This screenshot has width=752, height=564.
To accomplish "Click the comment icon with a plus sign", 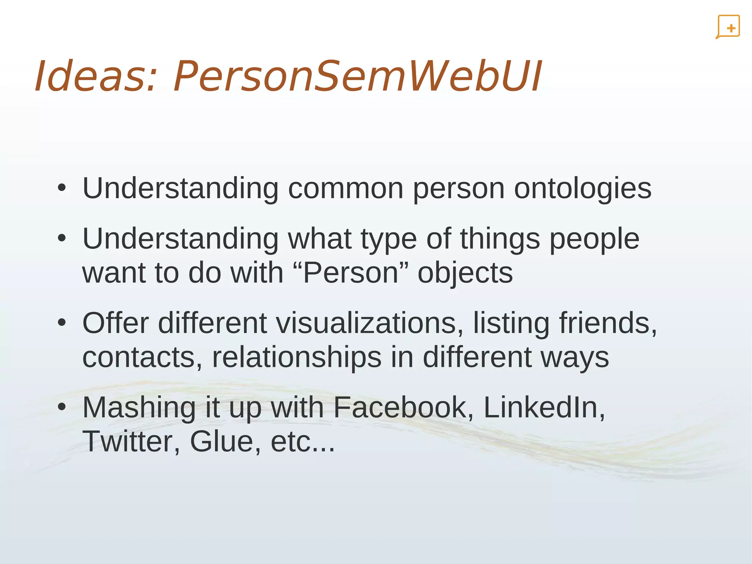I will [728, 27].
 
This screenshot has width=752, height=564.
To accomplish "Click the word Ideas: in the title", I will [95, 76].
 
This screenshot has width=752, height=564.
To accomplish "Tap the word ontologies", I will [582, 188].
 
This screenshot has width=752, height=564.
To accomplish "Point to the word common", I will [346, 188].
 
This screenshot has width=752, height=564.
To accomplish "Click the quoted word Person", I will [351, 273].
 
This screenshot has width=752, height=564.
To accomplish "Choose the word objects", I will [465, 274].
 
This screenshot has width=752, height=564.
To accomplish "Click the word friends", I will [608, 323].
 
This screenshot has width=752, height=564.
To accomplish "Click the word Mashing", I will [139, 408].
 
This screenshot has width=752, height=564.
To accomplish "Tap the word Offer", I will [116, 323].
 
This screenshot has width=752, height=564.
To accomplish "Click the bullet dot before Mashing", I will [62, 407].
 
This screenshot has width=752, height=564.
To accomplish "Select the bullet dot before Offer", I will [62, 323].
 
